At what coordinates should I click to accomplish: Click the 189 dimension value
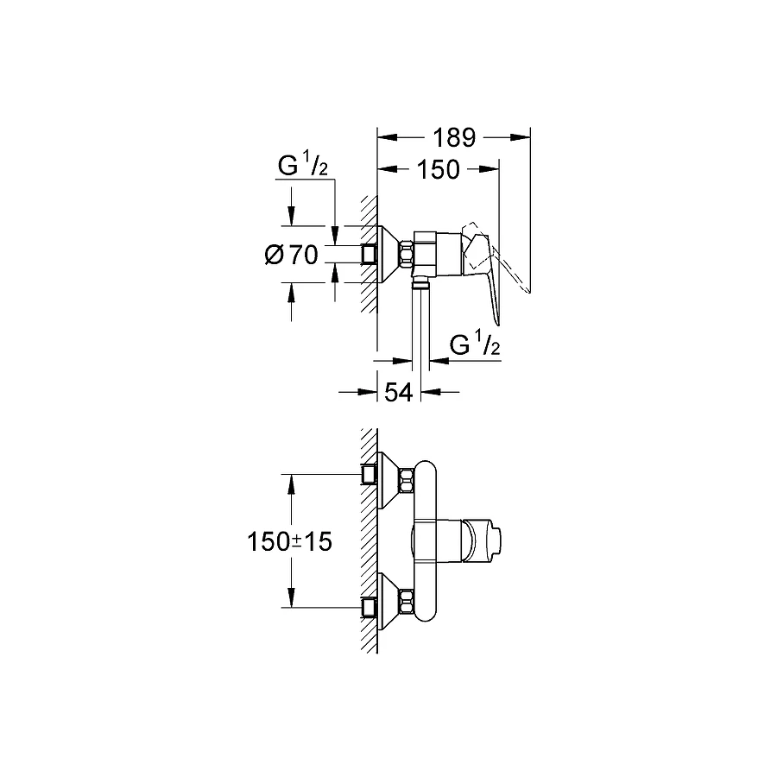coord(453,137)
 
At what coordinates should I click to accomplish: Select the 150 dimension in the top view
coord(439,169)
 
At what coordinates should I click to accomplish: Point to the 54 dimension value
coord(398,392)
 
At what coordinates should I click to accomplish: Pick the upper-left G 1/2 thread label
coord(302,166)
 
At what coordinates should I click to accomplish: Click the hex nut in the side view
coord(407,254)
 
